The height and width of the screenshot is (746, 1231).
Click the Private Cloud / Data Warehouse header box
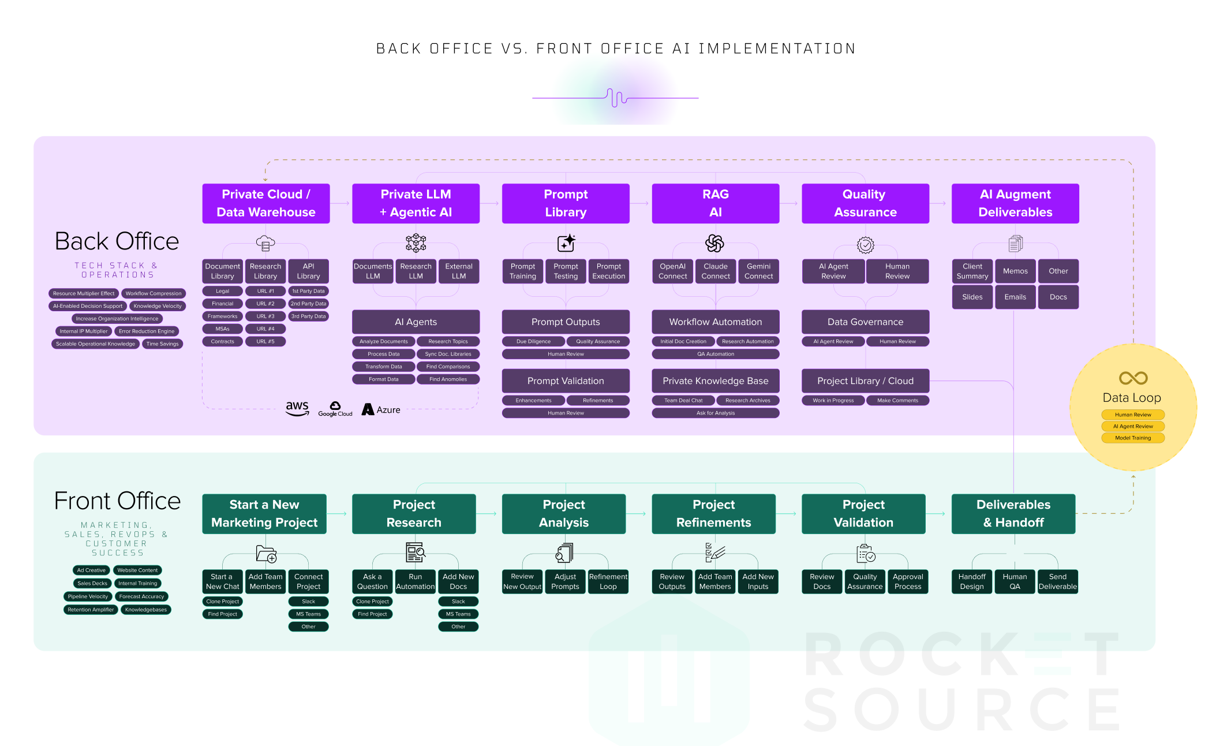click(x=265, y=203)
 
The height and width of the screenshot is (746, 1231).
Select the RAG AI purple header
click(x=715, y=203)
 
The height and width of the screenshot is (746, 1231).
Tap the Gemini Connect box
click(x=758, y=271)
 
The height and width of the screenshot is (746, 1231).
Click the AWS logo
click(x=297, y=408)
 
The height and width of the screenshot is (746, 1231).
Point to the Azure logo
click(x=381, y=409)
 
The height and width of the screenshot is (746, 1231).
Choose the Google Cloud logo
click(x=335, y=409)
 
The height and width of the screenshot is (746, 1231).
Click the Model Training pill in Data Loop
click(x=1132, y=438)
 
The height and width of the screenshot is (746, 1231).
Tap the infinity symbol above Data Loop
click(x=1133, y=378)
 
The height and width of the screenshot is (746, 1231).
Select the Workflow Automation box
click(x=715, y=322)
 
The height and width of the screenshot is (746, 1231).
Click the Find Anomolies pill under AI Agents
click(x=448, y=379)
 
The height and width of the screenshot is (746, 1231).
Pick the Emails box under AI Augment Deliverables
click(x=1015, y=297)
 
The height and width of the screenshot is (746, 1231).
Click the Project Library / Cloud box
click(x=865, y=381)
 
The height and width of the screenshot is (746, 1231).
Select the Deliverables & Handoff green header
click(x=1013, y=513)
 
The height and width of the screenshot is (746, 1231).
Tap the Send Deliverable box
click(x=1057, y=581)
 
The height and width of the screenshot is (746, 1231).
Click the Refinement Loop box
click(x=608, y=581)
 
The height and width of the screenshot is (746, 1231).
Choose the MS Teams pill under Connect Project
click(x=308, y=614)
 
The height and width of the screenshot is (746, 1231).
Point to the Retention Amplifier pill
click(x=91, y=610)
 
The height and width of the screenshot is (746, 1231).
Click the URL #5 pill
click(x=265, y=342)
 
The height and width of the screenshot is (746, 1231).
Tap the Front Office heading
click(x=117, y=501)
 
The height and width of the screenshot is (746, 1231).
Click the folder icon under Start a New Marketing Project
click(x=266, y=554)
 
